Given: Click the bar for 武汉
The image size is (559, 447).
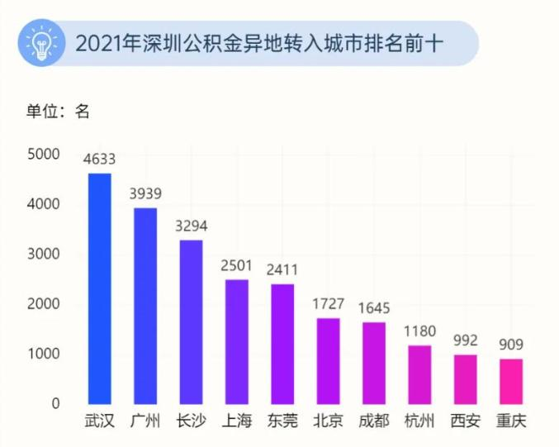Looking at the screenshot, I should pos(99,289).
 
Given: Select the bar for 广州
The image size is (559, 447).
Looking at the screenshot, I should pos(145,306).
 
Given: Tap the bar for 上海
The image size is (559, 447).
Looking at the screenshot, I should pos(236,342).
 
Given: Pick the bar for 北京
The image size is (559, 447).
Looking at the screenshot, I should pos(328,361).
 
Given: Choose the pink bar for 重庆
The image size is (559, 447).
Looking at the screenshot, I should pos(511,382).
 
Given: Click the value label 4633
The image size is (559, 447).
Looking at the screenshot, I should pos(99,159).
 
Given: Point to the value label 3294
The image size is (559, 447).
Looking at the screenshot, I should pos(192,226).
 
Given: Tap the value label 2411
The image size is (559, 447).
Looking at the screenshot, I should pos(282,269).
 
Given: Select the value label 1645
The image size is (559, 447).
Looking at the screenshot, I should pos(374,307).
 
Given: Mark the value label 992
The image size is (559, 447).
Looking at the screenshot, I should pos(466,340).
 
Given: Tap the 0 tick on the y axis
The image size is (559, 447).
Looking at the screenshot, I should pos(55,404).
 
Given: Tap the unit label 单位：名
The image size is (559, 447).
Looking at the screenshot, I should pos(57,112).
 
